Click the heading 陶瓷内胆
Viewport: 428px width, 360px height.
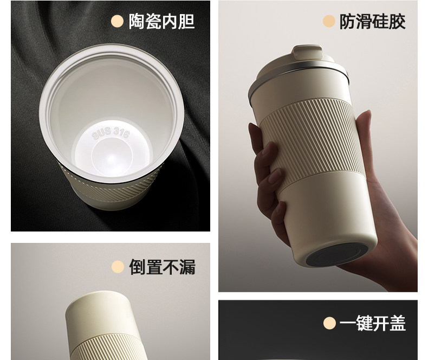161,21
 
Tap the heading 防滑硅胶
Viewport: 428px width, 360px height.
372,22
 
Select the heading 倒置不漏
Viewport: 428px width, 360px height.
163,267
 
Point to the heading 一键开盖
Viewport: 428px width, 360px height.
373,323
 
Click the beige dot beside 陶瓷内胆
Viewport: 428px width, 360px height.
118,21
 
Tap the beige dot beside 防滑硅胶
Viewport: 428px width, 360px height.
329,21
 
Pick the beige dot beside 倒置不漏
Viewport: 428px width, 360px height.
118,267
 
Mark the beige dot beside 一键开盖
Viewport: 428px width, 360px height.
329,323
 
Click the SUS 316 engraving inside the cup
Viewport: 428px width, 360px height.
111,133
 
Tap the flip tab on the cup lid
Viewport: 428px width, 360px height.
307,53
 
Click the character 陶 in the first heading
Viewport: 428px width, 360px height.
137,21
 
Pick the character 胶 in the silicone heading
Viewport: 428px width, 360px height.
398,22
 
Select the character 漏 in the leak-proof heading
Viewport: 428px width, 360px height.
187,267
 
